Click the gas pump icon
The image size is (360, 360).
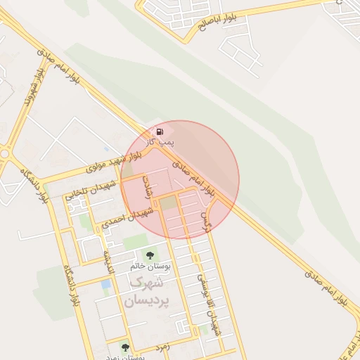[x=160, y=131]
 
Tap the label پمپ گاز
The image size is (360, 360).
[x=161, y=142]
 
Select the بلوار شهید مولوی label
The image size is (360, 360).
[x=112, y=161]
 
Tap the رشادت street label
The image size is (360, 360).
[x=146, y=189]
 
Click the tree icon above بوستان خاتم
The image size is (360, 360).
[x=149, y=255]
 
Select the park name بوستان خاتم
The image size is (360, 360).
[x=151, y=266]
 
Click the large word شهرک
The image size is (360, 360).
[x=146, y=283]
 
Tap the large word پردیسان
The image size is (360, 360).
[x=144, y=300]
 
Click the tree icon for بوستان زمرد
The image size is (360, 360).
[x=125, y=347]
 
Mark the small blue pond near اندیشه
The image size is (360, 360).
[x=105, y=285]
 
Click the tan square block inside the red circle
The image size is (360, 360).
[x=168, y=204]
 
